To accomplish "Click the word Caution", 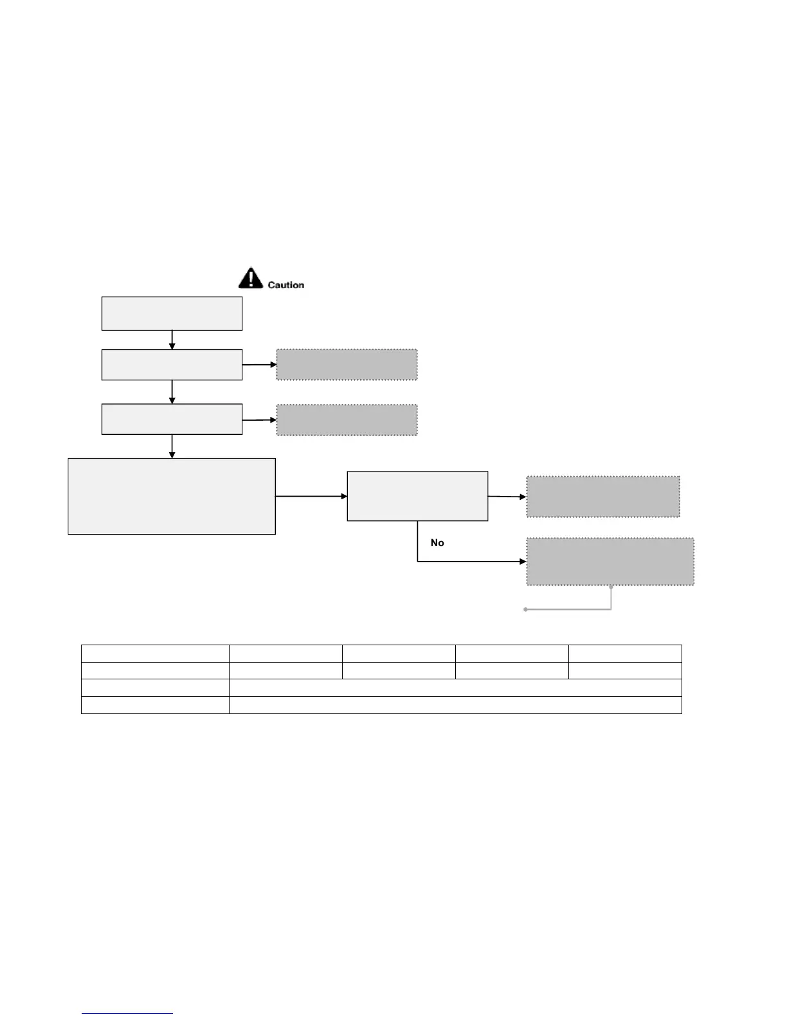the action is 285,285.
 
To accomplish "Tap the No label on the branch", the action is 437,543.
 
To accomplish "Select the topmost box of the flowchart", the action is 172,313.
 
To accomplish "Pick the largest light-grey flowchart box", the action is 172,496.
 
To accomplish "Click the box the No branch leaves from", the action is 417,496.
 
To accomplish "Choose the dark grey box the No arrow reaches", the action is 610,562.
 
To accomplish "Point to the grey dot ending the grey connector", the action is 526,609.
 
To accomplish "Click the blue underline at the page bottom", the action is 127,1013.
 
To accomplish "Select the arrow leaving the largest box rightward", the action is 311,496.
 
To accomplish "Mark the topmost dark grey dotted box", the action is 347,365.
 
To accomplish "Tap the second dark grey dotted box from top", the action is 347,419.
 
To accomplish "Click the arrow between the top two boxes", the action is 172,340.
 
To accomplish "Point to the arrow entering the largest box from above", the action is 172,446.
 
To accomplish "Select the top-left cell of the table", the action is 155,653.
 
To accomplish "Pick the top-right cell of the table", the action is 625,653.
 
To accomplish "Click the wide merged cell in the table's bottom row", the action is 455,705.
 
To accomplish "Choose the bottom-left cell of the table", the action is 155,705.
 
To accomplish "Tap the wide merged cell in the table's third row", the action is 455,688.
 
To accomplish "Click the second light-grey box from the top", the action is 172,365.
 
